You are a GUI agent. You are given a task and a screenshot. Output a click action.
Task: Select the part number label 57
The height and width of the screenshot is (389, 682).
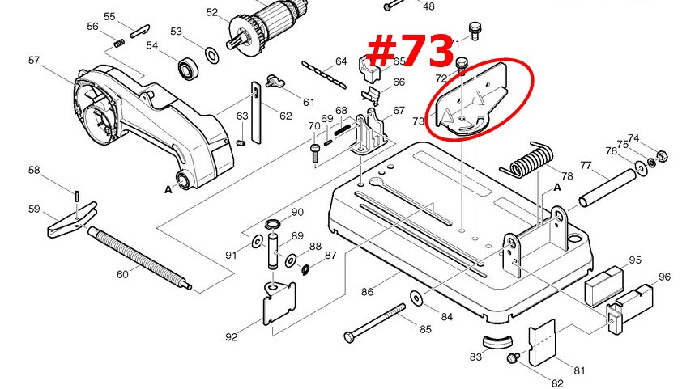tap(34, 61)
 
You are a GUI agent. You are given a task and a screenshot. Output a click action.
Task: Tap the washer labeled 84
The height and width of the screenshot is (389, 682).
tap(416, 299)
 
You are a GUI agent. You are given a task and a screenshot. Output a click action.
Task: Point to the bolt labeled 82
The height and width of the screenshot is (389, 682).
tap(512, 358)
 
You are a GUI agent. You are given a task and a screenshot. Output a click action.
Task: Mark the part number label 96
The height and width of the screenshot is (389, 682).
tap(664, 277)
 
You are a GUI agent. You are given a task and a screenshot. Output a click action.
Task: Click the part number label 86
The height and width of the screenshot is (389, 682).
tap(367, 292)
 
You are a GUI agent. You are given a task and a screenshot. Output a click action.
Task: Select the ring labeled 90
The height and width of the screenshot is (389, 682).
tap(273, 223)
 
